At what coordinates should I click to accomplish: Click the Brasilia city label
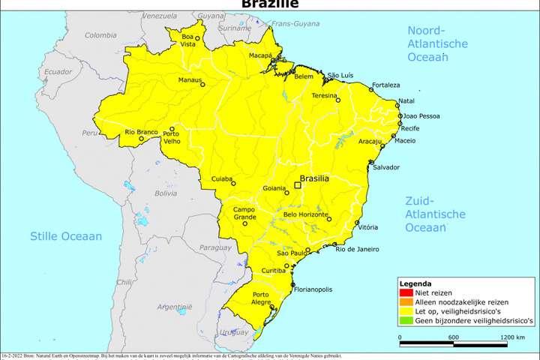(x=316, y=179)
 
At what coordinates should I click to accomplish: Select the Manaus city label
(x=190, y=79)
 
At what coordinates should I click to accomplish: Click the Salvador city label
(x=386, y=167)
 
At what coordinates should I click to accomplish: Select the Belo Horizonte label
(x=305, y=214)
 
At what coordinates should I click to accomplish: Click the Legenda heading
(x=415, y=284)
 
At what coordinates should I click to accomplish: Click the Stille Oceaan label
(x=65, y=236)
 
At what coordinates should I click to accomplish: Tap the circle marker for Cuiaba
(x=233, y=183)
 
